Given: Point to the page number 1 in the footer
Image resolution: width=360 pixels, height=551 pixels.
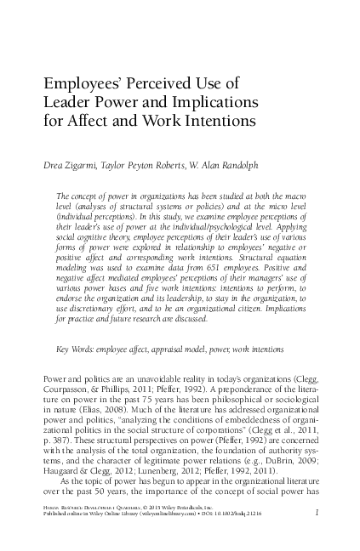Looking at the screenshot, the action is click(317, 513).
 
